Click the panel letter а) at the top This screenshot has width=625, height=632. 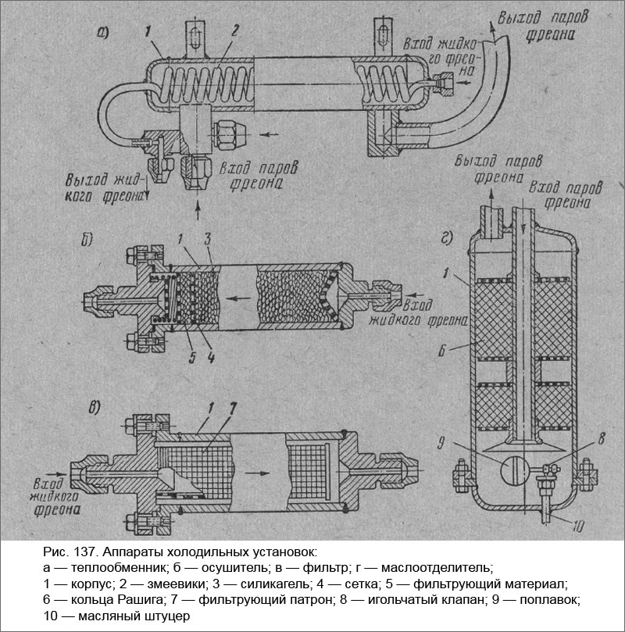(x=102, y=33)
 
